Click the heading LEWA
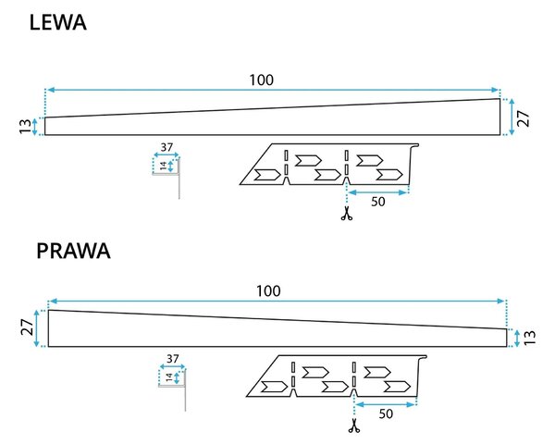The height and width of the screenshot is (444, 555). (x=58, y=22)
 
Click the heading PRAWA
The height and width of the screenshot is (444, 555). (x=73, y=251)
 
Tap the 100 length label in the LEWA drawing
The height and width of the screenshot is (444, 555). (x=262, y=80)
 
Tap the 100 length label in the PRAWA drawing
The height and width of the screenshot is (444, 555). (x=268, y=291)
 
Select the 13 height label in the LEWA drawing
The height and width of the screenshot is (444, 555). (x=25, y=127)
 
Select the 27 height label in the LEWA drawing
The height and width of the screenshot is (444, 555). (x=524, y=118)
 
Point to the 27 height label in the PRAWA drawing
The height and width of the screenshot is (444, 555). (x=27, y=327)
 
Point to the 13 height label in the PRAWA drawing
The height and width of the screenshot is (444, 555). (x=529, y=338)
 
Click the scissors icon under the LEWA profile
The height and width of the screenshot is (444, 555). (x=347, y=214)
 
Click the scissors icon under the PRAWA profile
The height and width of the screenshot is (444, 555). (x=354, y=425)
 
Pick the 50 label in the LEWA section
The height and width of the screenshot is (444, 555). (x=378, y=202)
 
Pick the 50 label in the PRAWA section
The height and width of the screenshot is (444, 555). (x=386, y=413)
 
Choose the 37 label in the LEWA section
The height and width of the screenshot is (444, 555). (x=166, y=147)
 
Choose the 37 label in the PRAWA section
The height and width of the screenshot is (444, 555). (x=173, y=359)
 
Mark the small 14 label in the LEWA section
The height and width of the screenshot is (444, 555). (x=163, y=166)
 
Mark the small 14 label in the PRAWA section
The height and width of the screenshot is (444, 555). (x=169, y=377)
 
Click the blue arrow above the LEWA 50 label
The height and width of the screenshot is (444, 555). (x=377, y=192)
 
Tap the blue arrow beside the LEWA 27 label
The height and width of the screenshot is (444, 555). (x=512, y=117)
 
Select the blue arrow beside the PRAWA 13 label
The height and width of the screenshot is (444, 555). (x=517, y=339)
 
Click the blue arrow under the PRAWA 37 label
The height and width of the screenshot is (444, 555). (x=172, y=366)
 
